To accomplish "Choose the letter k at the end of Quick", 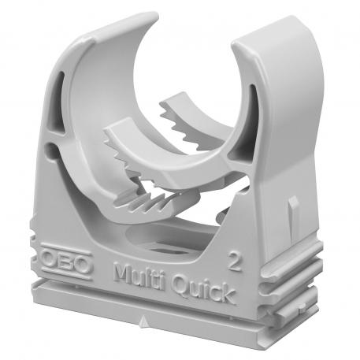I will pyautogui.click(x=227, y=295).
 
